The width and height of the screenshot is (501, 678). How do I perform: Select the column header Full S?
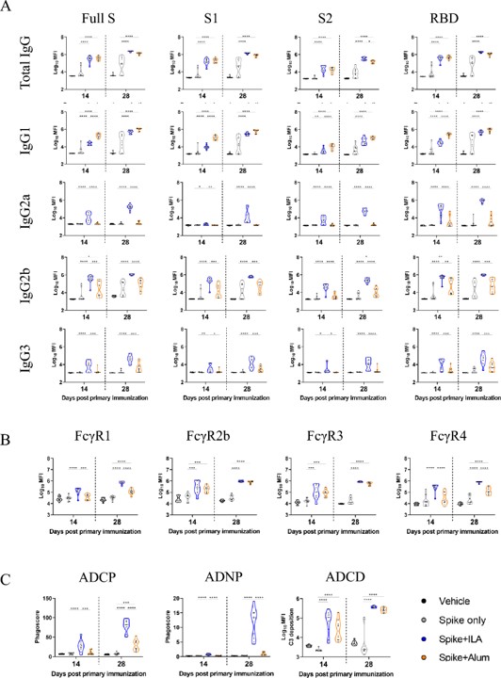[94, 13]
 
